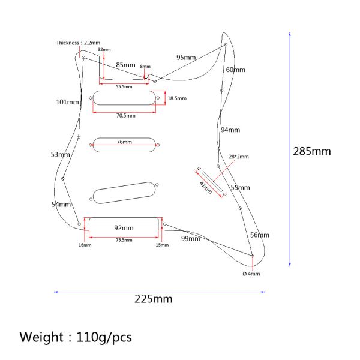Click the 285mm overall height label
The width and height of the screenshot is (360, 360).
click(x=311, y=151)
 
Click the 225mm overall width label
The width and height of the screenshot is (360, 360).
click(x=154, y=299)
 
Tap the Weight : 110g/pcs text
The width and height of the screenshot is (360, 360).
click(x=75, y=337)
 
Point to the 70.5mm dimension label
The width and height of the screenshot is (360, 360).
click(x=125, y=115)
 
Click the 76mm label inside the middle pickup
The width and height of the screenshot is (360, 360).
click(x=125, y=142)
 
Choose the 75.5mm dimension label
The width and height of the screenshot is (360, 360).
click(x=124, y=240)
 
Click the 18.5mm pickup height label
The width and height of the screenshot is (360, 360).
click(x=176, y=98)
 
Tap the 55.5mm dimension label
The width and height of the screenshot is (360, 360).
click(x=124, y=86)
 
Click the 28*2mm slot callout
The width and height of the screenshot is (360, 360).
click(x=238, y=157)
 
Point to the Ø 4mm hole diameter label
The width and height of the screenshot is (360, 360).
click(x=251, y=274)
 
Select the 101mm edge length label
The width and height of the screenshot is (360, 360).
click(x=67, y=102)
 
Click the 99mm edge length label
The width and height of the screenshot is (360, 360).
click(x=191, y=238)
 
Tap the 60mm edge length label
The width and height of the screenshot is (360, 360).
click(x=235, y=70)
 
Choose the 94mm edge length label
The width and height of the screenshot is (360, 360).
click(x=230, y=130)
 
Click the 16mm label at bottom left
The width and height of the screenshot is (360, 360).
click(x=85, y=245)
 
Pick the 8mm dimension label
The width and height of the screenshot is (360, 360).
click(x=145, y=67)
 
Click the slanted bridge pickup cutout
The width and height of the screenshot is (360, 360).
click(x=125, y=190)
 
